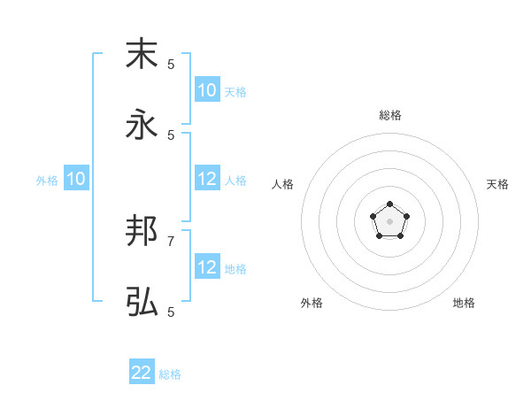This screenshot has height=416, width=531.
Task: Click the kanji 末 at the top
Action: pyautogui.click(x=142, y=54)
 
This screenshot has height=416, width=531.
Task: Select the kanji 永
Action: pyautogui.click(x=142, y=125)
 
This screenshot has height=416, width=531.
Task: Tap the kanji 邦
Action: pyautogui.click(x=142, y=231)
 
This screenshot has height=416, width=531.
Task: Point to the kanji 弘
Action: pyautogui.click(x=142, y=302)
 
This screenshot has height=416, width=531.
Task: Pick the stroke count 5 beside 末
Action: pyautogui.click(x=171, y=64)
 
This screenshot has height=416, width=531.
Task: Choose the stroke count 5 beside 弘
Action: pyautogui.click(x=171, y=312)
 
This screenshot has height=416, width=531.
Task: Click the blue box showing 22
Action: pyautogui.click(x=142, y=373)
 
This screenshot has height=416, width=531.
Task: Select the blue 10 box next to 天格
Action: pyautogui.click(x=207, y=90)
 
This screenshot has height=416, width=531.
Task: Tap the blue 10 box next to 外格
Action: pyautogui.click(x=76, y=179)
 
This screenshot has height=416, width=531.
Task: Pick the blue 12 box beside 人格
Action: pyautogui.click(x=207, y=179)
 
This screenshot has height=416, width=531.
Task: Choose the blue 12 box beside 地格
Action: pyautogui.click(x=207, y=267)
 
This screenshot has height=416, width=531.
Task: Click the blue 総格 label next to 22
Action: pyautogui.click(x=170, y=374)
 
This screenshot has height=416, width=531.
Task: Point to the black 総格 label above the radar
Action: pyautogui.click(x=389, y=115)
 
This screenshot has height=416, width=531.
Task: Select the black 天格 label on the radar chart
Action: pyautogui.click(x=497, y=184)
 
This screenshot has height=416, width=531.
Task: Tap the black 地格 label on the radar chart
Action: pyautogui.click(x=464, y=303)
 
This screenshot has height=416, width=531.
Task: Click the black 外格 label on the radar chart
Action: pyautogui.click(x=312, y=303)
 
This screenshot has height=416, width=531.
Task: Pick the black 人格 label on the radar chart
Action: pyautogui.click(x=283, y=184)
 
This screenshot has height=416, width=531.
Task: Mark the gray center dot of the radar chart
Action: pyautogui.click(x=389, y=221)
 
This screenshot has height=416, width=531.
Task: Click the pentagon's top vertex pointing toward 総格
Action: pyautogui.click(x=389, y=204)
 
